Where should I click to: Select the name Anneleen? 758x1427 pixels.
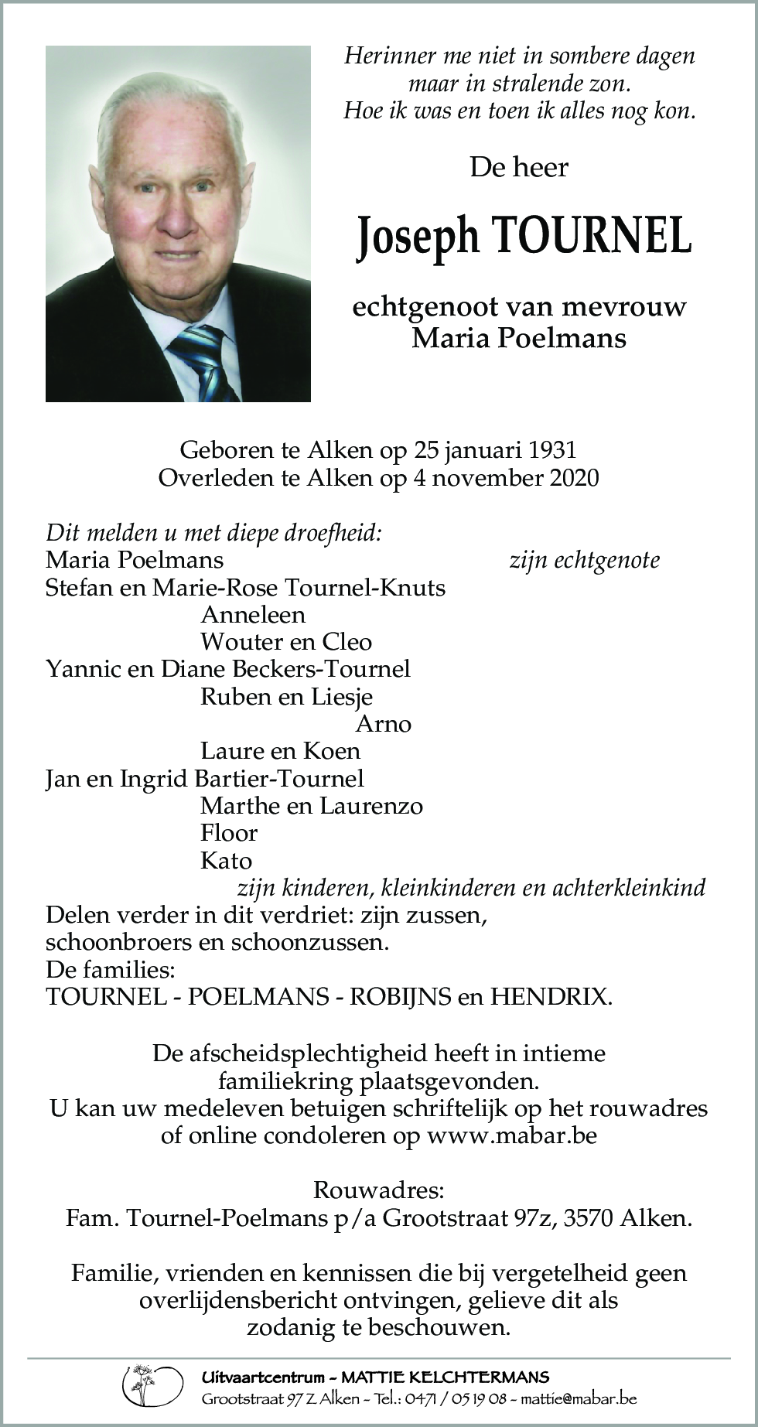click(252, 615)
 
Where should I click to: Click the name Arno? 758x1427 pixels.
click(383, 724)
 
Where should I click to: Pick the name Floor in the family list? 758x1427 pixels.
click(228, 833)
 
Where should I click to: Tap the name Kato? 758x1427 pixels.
click(226, 861)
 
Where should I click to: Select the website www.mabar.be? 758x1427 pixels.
click(511, 1135)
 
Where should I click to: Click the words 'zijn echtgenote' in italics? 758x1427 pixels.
click(584, 560)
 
